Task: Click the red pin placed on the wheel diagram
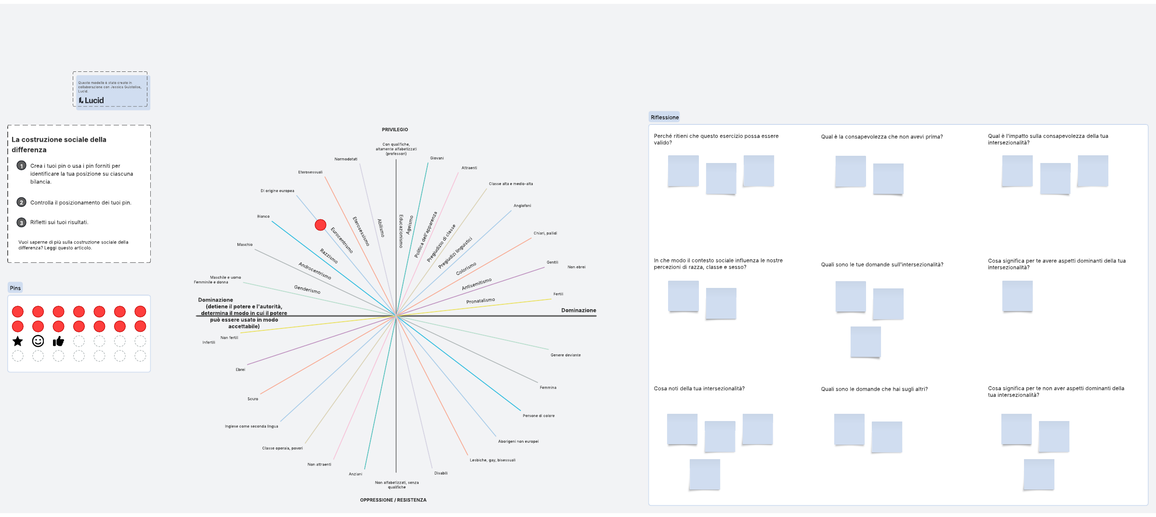coord(320,225)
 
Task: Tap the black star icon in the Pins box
coord(18,341)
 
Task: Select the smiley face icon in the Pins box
coord(38,341)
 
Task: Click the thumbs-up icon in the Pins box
coord(58,341)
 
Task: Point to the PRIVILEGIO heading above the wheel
coord(395,130)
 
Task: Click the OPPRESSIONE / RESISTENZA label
coord(393,500)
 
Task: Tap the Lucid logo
coord(92,100)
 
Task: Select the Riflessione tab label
coord(665,117)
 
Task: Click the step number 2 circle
coord(21,203)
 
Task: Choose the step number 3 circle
coord(21,222)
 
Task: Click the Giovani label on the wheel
coord(437,158)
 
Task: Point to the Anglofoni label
coord(522,206)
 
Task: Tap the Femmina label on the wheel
coord(548,388)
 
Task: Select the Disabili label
coord(441,473)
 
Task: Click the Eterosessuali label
coord(310,172)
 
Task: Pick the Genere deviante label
coord(565,355)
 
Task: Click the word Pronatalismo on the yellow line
coord(480,301)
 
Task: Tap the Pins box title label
coord(15,288)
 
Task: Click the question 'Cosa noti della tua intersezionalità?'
coord(699,389)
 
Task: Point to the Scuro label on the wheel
coord(253,399)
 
